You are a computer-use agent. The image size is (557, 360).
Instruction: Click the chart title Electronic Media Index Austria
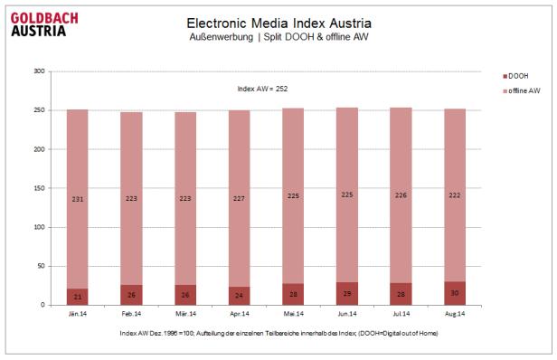pos(278,22)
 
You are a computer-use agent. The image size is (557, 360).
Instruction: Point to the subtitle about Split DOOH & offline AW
pos(278,37)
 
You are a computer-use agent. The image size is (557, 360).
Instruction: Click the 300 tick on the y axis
pos(38,71)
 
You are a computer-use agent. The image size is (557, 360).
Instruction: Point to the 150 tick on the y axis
pos(38,188)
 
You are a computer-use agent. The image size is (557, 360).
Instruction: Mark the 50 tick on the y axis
pos(40,266)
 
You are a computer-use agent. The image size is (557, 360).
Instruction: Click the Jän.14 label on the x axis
pos(76,314)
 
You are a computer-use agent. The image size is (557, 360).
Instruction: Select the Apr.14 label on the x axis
pos(239,314)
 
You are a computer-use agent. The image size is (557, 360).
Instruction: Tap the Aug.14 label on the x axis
pos(454,314)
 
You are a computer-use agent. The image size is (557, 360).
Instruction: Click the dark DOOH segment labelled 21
pos(77,297)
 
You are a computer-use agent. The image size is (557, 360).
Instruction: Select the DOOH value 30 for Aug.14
pos(454,292)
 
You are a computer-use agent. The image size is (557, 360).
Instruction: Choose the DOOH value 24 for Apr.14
pos(239,296)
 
